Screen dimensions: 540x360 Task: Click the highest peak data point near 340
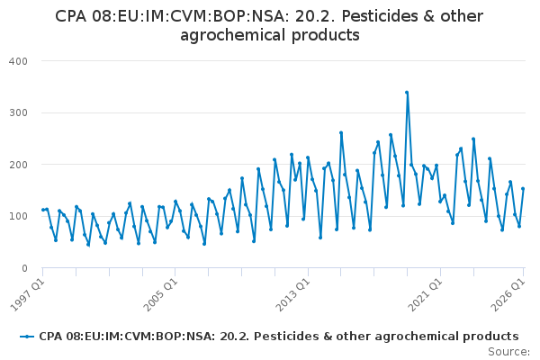tap(407, 93)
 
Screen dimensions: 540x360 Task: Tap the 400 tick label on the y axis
tap(18, 61)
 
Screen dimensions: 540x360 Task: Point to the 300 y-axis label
tap(18, 113)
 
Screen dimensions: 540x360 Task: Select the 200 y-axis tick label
tap(18, 165)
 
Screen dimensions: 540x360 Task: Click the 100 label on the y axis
tap(18, 216)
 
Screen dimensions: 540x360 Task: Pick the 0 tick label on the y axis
tap(24, 268)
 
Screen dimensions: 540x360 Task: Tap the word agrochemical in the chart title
tap(233, 35)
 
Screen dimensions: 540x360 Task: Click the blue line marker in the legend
tap(27, 337)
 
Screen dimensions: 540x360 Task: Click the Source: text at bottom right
tap(508, 352)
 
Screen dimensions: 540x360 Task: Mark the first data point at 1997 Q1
tap(43, 210)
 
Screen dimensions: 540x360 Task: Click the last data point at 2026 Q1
tap(523, 189)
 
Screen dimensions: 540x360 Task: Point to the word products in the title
tap(326, 35)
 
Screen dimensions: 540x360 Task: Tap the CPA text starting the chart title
tap(70, 16)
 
